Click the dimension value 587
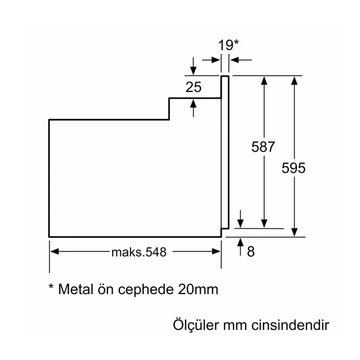(263, 147)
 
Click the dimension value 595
(294, 168)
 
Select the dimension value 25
(193, 87)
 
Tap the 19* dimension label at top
(228, 45)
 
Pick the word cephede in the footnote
(147, 290)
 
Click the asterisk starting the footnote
(51, 286)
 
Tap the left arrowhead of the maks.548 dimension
(54, 252)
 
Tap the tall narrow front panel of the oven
(224, 152)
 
